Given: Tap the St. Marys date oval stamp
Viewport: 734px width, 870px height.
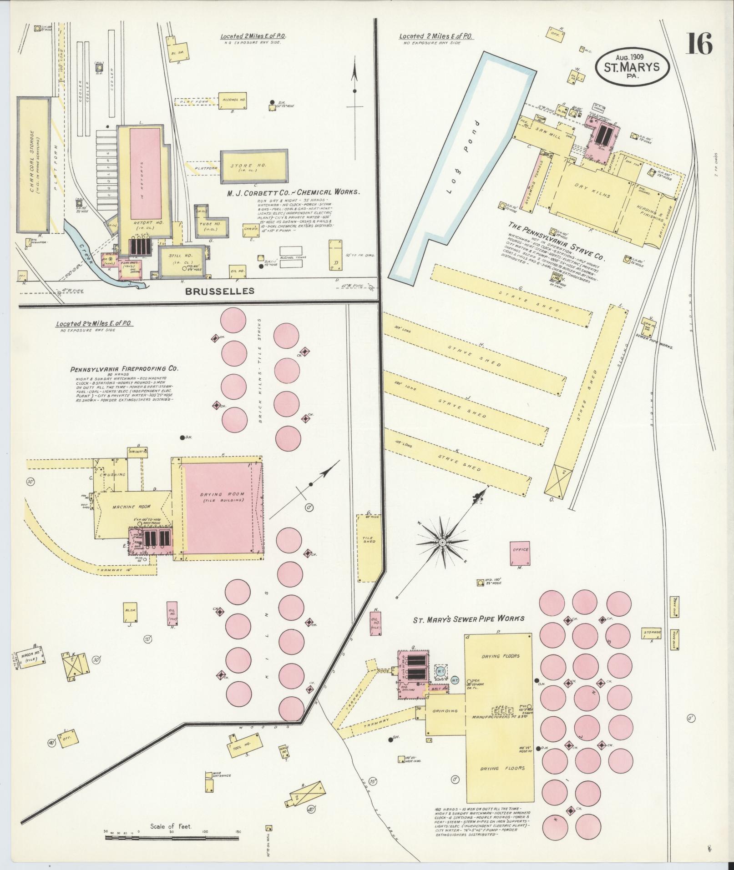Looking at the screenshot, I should (x=633, y=66).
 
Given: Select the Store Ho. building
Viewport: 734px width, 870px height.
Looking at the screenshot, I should (x=254, y=166).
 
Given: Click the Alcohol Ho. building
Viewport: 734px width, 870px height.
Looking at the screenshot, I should (x=233, y=99).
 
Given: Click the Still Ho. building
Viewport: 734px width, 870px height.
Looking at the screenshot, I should (x=180, y=261).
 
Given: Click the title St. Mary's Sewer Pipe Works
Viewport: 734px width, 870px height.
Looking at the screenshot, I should (x=468, y=619).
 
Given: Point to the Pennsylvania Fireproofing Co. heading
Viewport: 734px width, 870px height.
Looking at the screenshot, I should (x=124, y=369).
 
